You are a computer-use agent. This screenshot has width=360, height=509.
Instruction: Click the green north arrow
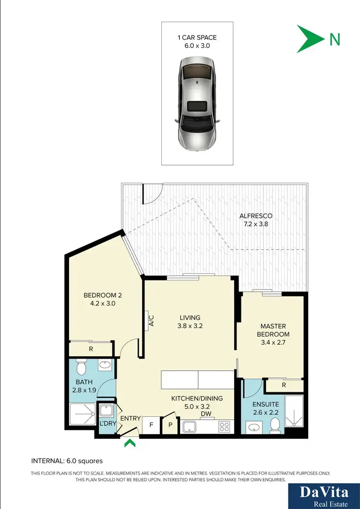(310, 39)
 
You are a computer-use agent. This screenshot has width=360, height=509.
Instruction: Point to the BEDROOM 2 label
(99, 299)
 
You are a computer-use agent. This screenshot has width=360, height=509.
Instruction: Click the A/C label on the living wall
(150, 321)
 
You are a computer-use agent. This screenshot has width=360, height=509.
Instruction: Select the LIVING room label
(190, 321)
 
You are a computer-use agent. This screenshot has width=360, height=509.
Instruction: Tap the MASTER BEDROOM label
(273, 330)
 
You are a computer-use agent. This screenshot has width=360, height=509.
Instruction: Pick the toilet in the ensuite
(275, 424)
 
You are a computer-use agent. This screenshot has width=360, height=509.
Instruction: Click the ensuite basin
(253, 426)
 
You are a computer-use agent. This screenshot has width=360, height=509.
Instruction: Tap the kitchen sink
(191, 426)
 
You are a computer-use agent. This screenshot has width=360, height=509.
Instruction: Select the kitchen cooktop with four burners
(224, 426)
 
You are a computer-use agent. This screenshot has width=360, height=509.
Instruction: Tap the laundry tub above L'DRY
(106, 412)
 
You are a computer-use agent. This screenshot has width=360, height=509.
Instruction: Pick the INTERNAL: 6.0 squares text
(67, 461)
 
